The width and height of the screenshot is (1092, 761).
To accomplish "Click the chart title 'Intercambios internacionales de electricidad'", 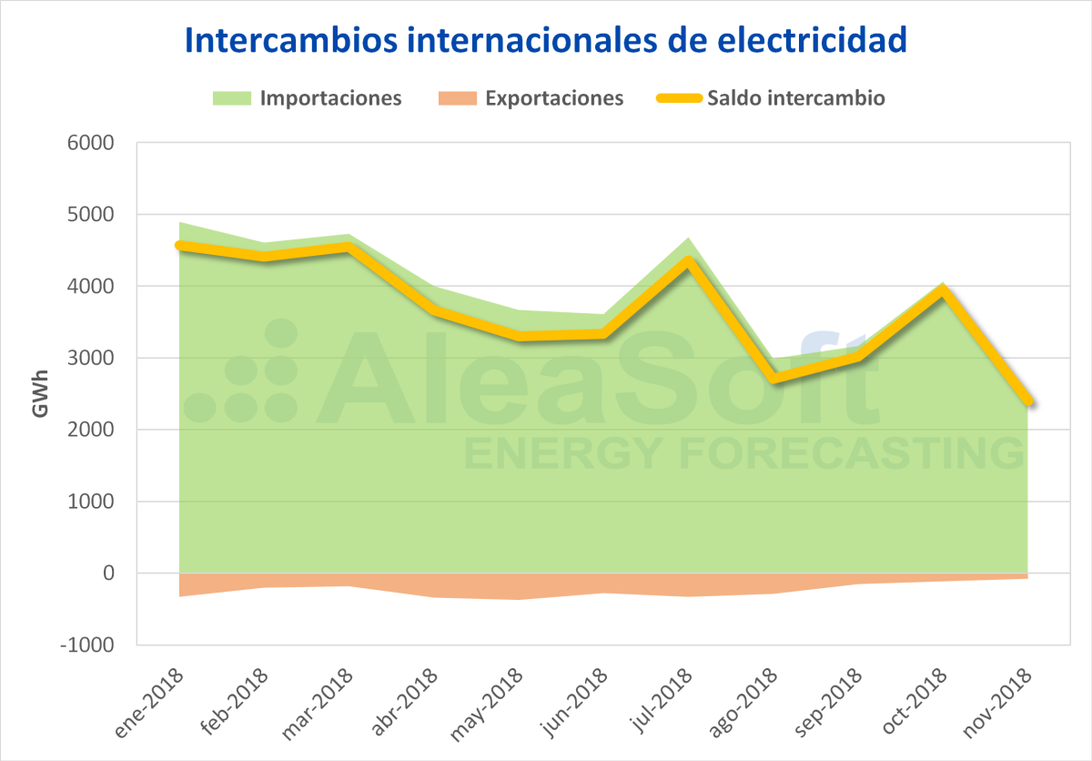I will point(546,40).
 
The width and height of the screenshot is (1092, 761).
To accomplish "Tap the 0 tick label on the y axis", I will point(108,573).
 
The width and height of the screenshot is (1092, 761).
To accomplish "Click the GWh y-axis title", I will point(40,393).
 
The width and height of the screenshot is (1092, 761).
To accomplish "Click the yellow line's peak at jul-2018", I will point(688,261).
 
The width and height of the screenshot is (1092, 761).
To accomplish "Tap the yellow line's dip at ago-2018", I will point(773,378).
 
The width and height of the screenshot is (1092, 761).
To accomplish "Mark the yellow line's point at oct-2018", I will point(943,291).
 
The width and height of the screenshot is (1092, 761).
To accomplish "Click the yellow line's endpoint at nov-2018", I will point(1027,401).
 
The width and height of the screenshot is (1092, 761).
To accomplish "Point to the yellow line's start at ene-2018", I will point(179,245).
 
